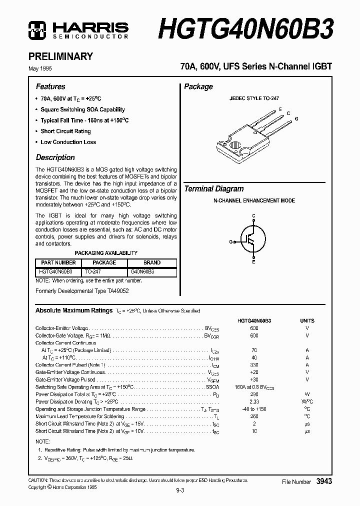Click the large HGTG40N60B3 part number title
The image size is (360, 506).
(x=244, y=28)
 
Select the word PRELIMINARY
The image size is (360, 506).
(x=64, y=56)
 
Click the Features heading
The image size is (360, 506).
(x=50, y=86)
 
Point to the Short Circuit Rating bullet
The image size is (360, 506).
(x=65, y=131)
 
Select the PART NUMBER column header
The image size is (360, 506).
(x=58, y=262)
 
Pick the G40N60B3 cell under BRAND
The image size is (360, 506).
(x=142, y=272)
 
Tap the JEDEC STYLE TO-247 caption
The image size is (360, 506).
(x=254, y=99)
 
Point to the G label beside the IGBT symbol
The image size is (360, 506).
(x=231, y=241)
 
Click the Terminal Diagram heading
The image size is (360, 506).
(x=214, y=189)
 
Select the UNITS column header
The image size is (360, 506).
(x=307, y=320)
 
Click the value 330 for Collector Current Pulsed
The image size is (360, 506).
(x=254, y=365)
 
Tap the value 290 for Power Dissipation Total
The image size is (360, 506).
(x=254, y=394)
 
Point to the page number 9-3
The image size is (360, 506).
(x=180, y=490)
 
